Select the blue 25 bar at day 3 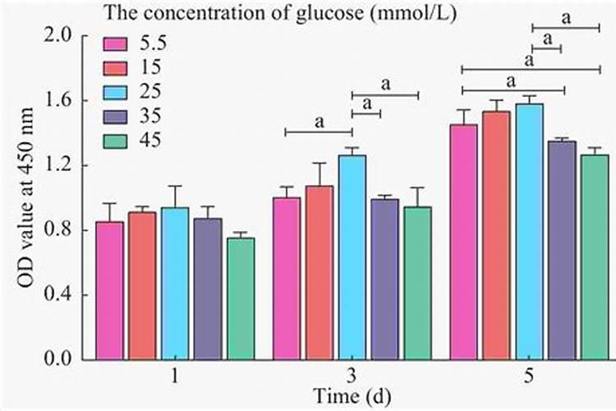(x=352, y=257)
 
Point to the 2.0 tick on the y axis (x=67, y=35)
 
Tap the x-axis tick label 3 (x=352, y=376)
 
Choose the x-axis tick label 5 (x=530, y=376)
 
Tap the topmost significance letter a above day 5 (x=566, y=15)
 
